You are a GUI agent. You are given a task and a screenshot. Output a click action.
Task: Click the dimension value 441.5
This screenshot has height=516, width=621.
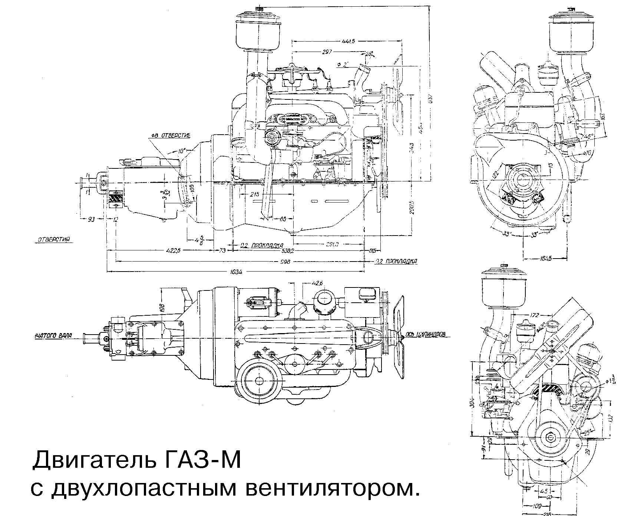pyautogui.click(x=349, y=42)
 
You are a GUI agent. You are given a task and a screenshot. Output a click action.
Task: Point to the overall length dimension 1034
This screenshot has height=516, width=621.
pyautogui.click(x=236, y=272)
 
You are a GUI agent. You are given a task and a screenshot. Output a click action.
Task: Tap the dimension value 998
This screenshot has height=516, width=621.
pyautogui.click(x=285, y=262)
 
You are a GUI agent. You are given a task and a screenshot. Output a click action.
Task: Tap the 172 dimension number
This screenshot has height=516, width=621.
pyautogui.click(x=534, y=316)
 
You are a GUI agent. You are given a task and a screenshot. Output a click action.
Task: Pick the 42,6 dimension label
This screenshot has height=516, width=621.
pyautogui.click(x=317, y=283)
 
